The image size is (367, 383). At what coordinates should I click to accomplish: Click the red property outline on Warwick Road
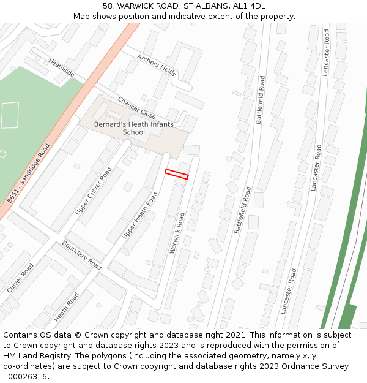coord(177,174)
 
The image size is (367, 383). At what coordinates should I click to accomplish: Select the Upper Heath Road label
coord(140,215)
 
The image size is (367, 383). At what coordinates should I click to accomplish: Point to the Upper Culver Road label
coord(94,191)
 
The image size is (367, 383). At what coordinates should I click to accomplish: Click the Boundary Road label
coord(81,256)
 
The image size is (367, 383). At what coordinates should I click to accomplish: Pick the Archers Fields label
coord(156,64)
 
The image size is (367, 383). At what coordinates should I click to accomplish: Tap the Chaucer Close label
coord(136,108)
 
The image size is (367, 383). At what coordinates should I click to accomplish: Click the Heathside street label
coord(61,68)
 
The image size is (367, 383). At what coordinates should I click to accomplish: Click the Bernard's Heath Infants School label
coord(133,128)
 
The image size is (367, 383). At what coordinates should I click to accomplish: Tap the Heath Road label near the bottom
coord(67,307)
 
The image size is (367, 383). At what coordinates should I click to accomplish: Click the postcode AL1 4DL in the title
coord(250,6)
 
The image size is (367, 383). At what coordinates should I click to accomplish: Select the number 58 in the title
coord(107,6)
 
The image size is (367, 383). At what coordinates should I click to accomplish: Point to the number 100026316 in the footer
coord(25,377)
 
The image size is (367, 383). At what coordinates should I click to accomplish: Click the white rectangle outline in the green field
coord(9,115)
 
